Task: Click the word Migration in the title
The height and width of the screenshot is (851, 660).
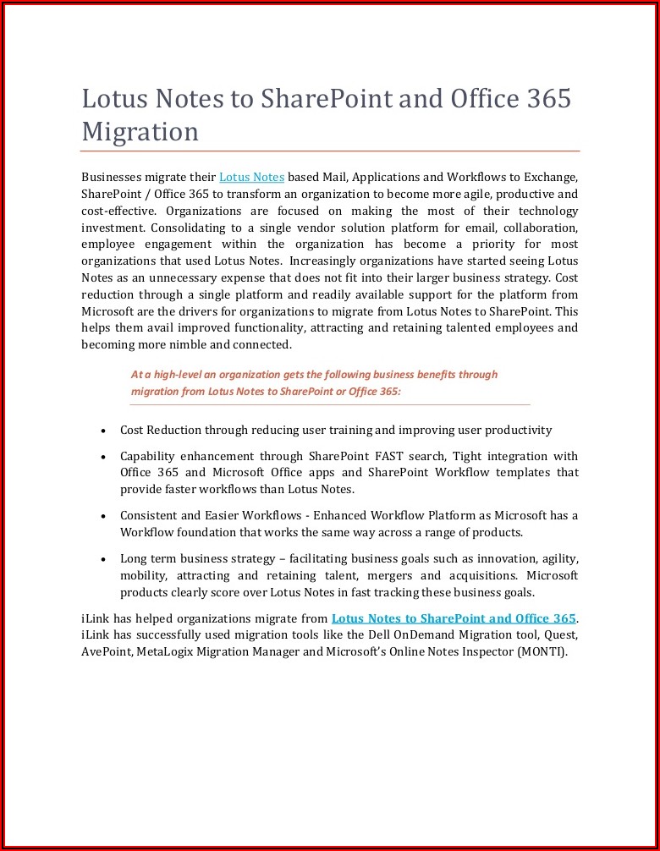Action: [140, 132]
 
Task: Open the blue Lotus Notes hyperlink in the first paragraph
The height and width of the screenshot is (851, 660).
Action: [251, 177]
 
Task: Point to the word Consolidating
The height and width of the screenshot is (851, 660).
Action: [182, 228]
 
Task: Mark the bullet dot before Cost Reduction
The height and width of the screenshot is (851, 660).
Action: [102, 431]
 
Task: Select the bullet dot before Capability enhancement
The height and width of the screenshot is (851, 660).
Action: [102, 457]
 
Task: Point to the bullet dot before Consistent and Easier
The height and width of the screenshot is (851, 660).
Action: [102, 516]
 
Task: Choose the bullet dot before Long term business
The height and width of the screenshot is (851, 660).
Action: [102, 559]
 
